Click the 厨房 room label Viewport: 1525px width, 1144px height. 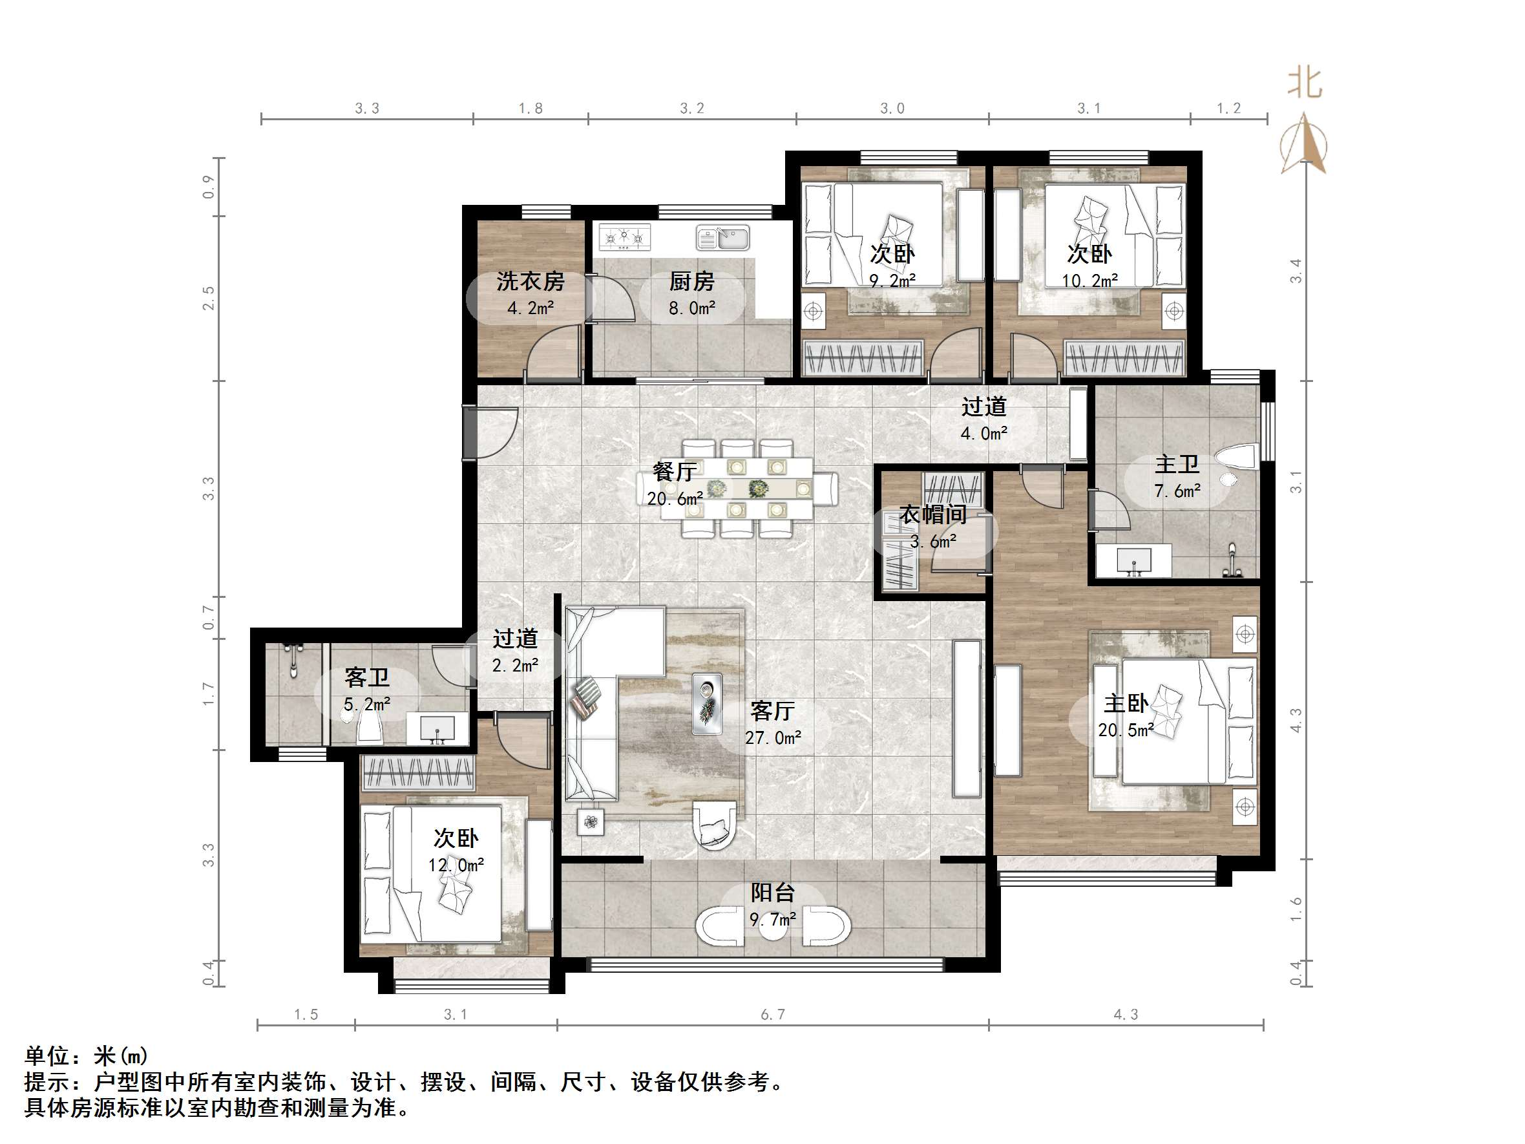[691, 281]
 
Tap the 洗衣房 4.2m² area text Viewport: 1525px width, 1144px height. [530, 308]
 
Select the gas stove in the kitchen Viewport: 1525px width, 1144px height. [625, 237]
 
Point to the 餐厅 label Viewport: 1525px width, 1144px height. [674, 472]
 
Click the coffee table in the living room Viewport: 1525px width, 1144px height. [707, 703]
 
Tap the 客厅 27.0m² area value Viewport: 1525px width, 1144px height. [773, 738]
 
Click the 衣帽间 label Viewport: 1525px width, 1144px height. [933, 514]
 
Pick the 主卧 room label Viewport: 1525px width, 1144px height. [1126, 703]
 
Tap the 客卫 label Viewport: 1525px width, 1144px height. [367, 677]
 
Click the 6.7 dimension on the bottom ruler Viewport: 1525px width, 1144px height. [773, 1014]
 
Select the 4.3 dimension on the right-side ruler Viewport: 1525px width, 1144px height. [1296, 721]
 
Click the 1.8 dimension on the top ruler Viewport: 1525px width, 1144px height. [530, 109]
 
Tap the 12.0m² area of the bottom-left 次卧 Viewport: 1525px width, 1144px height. [456, 865]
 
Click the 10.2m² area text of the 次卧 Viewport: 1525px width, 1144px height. [1089, 281]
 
